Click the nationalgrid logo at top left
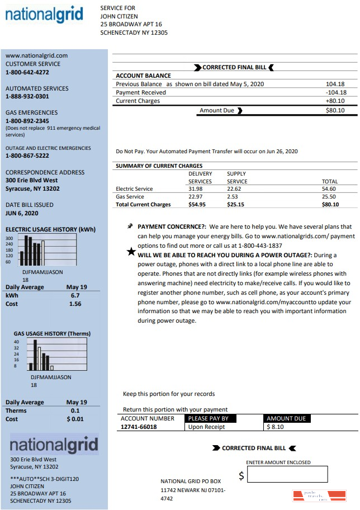[x=44, y=15]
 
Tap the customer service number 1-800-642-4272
[x=27, y=72]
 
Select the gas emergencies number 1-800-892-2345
[x=27, y=121]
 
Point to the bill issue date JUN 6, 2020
[x=22, y=213]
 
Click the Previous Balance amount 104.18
[x=335, y=84]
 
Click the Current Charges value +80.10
[x=335, y=101]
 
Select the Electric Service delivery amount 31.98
[x=195, y=189]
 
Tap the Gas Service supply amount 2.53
[x=233, y=197]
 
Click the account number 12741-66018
[x=139, y=427]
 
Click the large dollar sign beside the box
[x=241, y=476]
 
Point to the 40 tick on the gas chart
[x=16, y=342]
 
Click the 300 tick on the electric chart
[x=9, y=238]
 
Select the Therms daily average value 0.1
[x=75, y=410]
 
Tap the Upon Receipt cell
[x=207, y=427]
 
